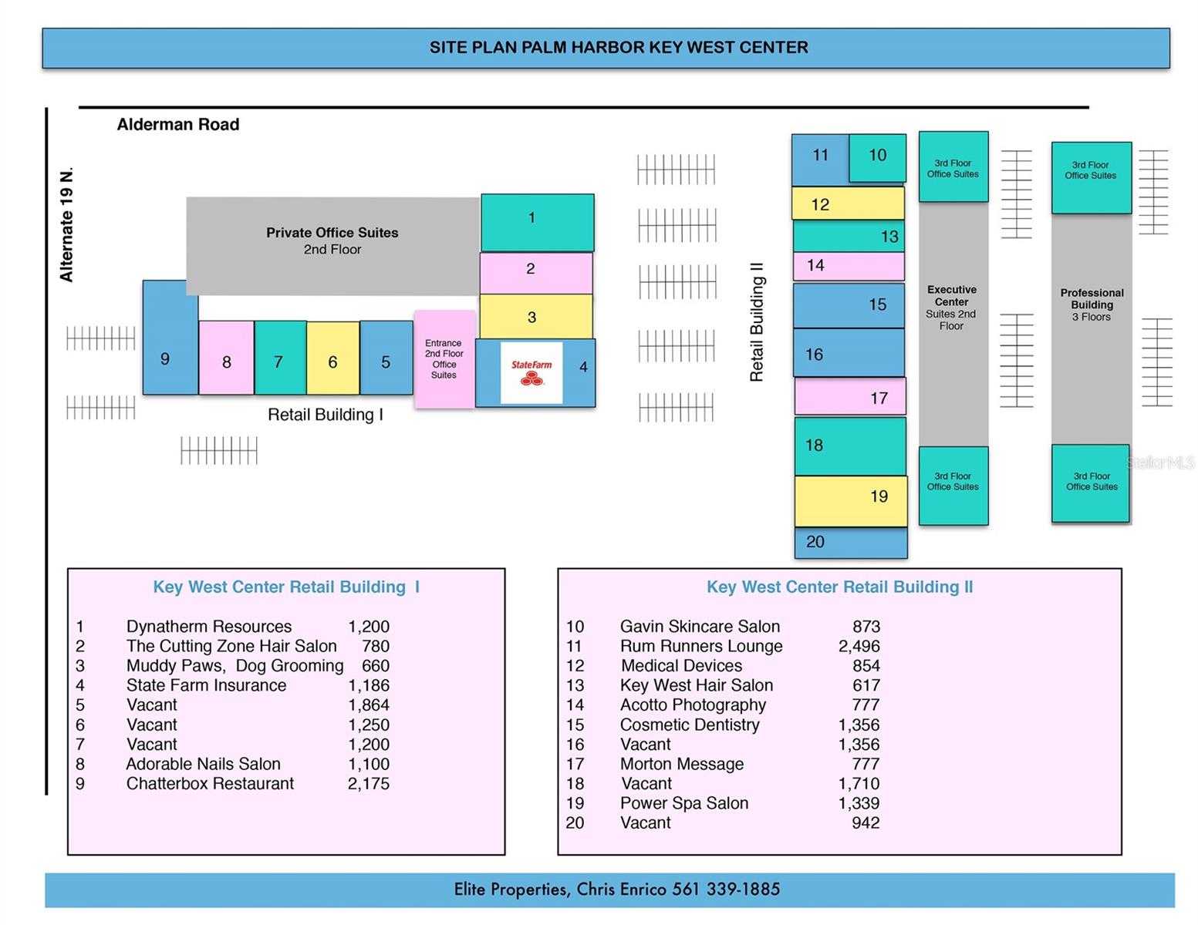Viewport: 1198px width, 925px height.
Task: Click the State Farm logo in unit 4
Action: point(532,372)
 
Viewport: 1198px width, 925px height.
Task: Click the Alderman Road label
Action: point(178,125)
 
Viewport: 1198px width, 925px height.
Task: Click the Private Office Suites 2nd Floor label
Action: point(332,240)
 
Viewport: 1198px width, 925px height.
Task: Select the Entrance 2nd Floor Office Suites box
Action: point(444,359)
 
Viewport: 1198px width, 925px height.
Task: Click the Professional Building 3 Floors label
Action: point(1092,304)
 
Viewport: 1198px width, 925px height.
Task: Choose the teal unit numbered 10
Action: point(878,156)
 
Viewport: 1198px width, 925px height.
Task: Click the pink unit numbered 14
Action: point(849,266)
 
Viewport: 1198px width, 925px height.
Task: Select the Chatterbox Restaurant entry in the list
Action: point(210,784)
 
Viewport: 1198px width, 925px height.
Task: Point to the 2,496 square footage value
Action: point(859,646)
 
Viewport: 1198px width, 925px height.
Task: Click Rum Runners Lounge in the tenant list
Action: point(701,646)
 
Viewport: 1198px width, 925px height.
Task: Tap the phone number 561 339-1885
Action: point(726,890)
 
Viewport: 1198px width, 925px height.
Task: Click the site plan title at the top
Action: point(619,48)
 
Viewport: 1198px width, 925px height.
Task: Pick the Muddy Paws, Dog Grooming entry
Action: point(235,666)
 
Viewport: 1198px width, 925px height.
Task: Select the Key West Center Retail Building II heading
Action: point(839,587)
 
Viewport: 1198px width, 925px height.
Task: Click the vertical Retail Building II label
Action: point(757,321)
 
